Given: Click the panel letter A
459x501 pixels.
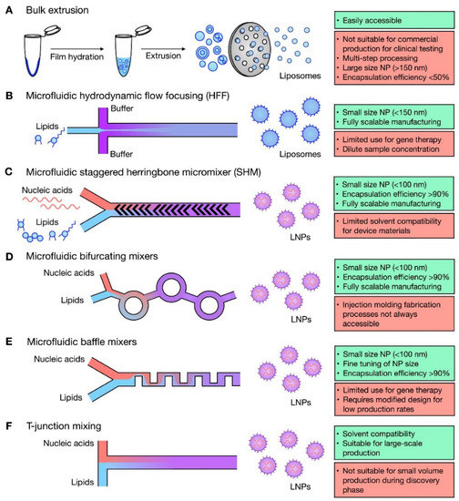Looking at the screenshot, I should click(6, 7).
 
